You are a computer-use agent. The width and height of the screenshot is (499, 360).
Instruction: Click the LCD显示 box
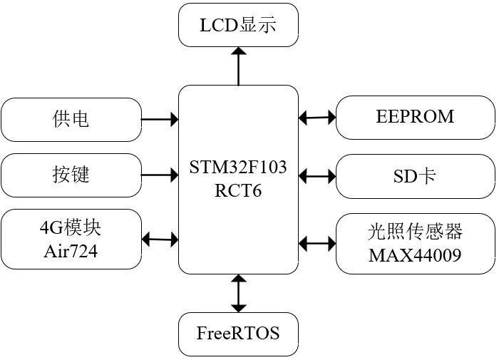coord(238,25)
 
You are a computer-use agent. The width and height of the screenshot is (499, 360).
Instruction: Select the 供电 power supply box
coord(71,120)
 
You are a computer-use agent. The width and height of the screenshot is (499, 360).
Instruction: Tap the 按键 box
coord(71,175)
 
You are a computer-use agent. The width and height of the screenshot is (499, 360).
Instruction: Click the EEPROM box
coord(416,118)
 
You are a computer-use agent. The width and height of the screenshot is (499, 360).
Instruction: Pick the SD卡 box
coord(416,176)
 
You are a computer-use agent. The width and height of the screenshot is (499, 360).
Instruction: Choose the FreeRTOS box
coord(238,334)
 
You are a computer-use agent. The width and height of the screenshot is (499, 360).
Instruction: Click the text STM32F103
coord(238,167)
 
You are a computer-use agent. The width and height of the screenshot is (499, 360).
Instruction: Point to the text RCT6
coord(238,190)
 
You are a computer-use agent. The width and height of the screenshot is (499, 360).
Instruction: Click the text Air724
coord(71,251)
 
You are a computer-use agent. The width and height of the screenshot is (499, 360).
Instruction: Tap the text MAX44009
coord(415,255)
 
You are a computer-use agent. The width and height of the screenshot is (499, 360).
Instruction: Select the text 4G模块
coord(71,227)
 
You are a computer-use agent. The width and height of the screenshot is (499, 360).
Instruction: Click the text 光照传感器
coord(415,232)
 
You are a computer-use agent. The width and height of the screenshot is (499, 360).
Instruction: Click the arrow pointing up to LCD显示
coord(238,66)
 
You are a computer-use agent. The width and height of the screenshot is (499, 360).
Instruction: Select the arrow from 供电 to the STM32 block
coord(160,120)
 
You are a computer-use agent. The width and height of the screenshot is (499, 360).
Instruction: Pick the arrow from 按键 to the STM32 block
coord(160,175)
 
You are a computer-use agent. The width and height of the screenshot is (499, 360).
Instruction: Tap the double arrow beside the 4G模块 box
coord(160,240)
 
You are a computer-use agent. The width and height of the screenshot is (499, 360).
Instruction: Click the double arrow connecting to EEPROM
coord(317,118)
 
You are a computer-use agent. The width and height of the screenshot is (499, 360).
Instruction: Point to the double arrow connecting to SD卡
coord(317,176)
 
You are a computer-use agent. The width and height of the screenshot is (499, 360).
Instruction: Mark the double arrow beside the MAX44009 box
coord(317,244)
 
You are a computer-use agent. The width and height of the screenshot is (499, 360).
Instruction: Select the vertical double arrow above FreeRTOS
coord(238,293)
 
